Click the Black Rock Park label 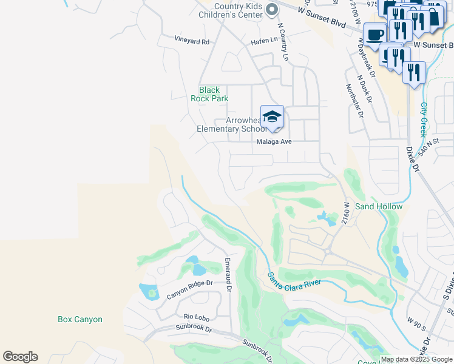209,94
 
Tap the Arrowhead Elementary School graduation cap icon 272,116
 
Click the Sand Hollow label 379,206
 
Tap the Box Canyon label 80,319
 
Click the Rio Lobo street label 196,317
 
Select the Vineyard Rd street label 192,42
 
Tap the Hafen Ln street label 264,41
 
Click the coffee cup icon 374,34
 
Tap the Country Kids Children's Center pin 273,8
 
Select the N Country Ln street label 283,42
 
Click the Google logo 20,357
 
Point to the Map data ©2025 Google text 416,359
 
